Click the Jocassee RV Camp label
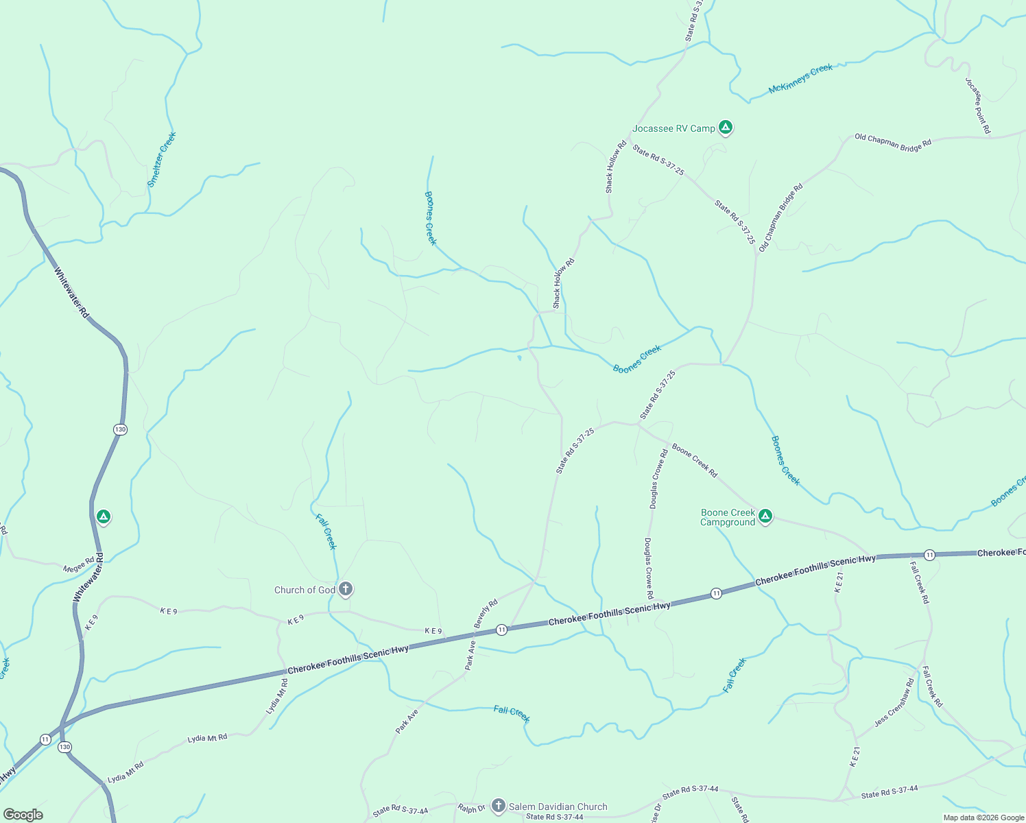tap(673, 128)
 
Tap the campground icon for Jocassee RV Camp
tap(726, 127)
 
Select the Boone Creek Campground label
tap(728, 517)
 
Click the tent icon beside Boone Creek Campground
tap(765, 516)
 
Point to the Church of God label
tap(305, 590)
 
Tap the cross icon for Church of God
tap(346, 588)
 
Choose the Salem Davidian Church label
tap(558, 807)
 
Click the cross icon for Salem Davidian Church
tap(499, 806)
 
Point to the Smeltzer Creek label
tap(162, 159)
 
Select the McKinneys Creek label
tap(800, 78)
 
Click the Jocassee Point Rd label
tap(978, 105)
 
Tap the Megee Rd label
tap(78, 565)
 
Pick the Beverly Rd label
tap(486, 613)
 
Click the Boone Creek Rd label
tap(694, 460)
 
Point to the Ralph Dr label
tap(472, 809)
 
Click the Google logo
tap(23, 815)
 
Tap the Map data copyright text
tap(983, 818)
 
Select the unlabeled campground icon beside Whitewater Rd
tap(104, 516)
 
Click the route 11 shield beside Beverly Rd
tap(502, 630)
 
